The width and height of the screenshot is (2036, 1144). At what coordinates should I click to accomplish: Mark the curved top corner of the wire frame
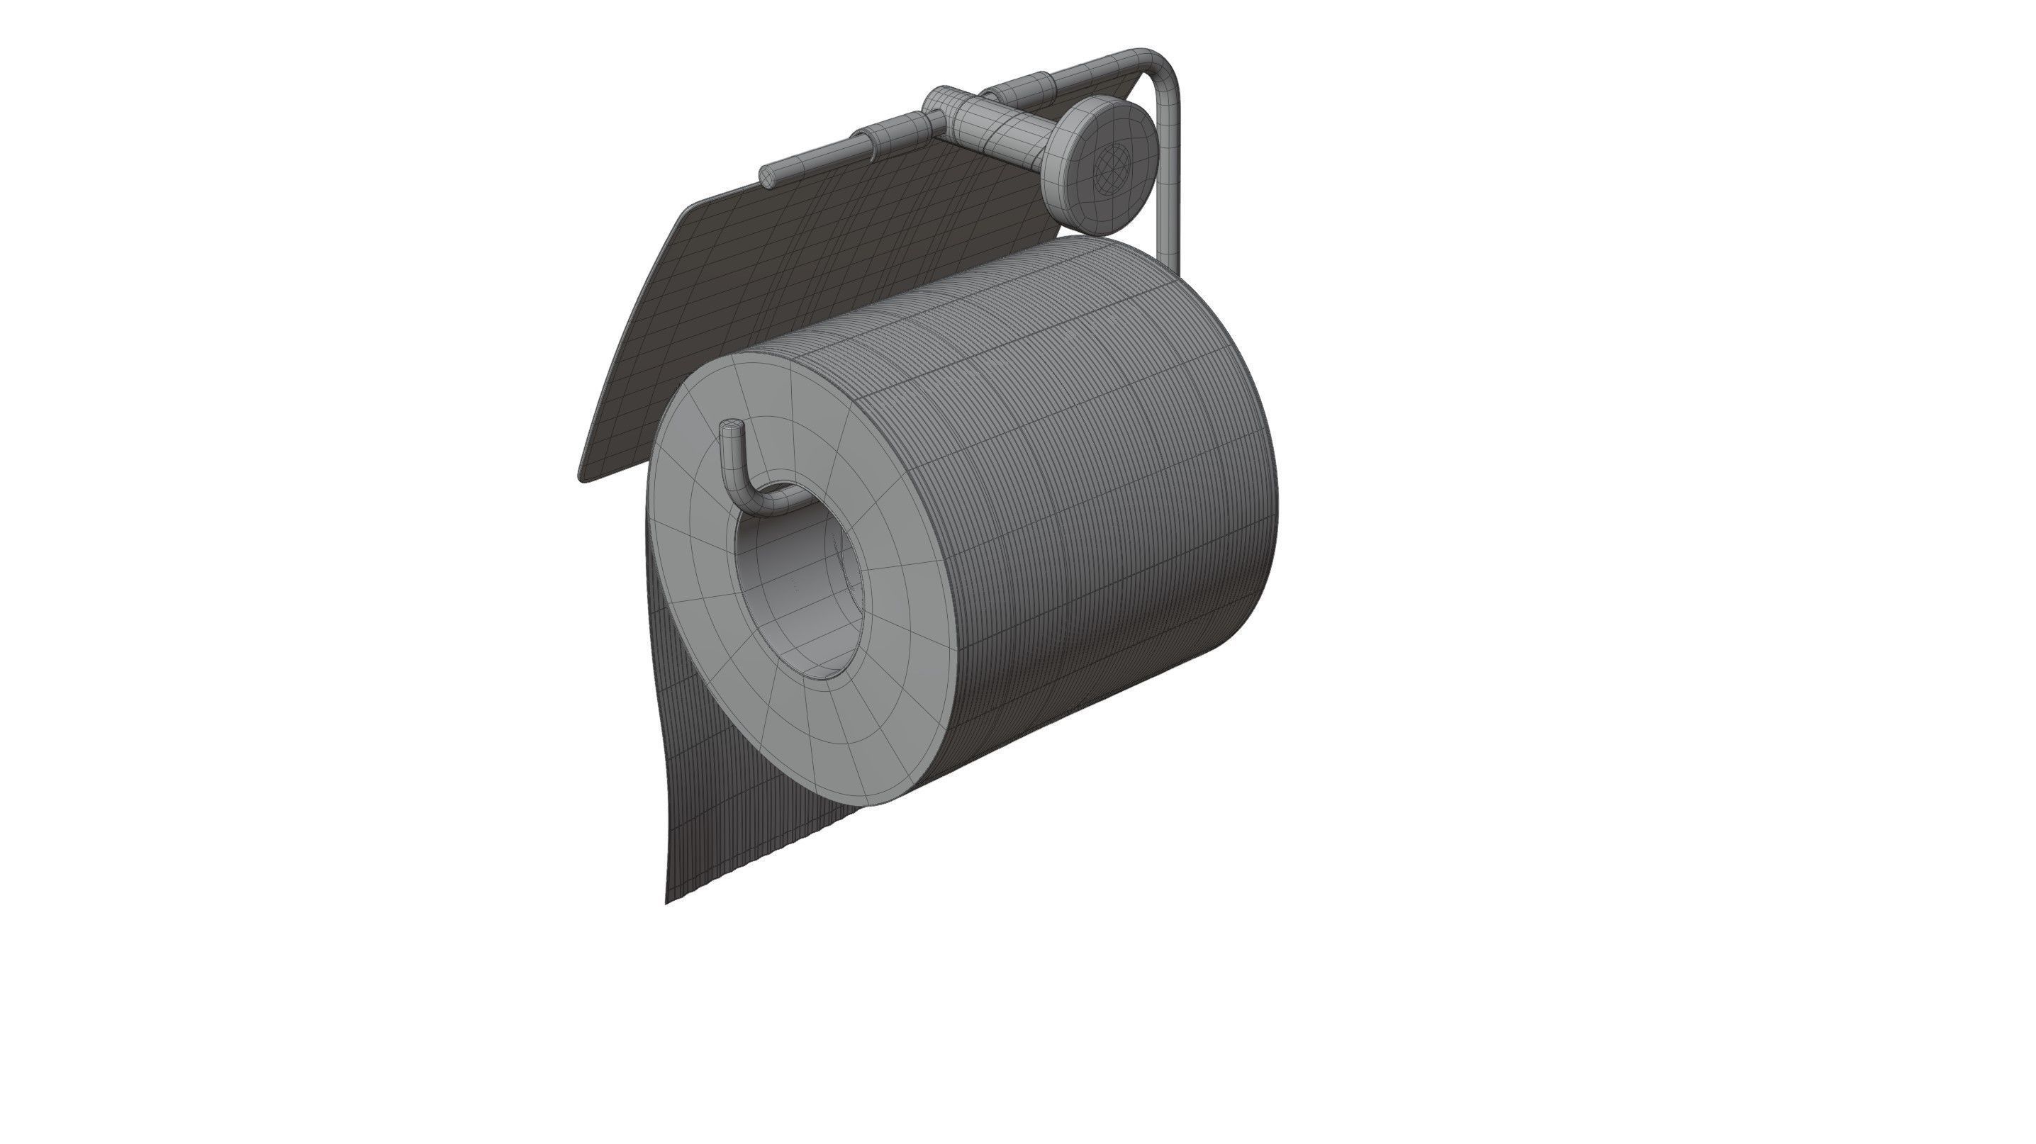pos(1162,63)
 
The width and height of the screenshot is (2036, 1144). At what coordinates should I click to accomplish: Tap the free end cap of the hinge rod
pos(766,176)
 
